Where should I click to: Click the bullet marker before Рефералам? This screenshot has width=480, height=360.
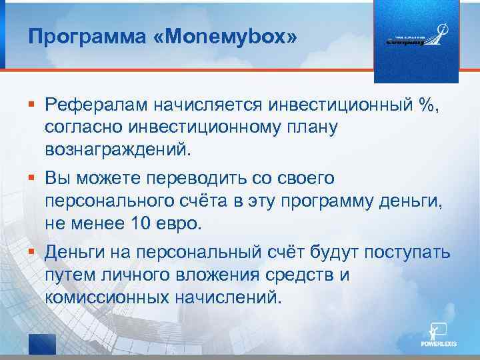coord(31,104)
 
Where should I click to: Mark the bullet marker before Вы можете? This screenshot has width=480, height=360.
coord(31,178)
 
